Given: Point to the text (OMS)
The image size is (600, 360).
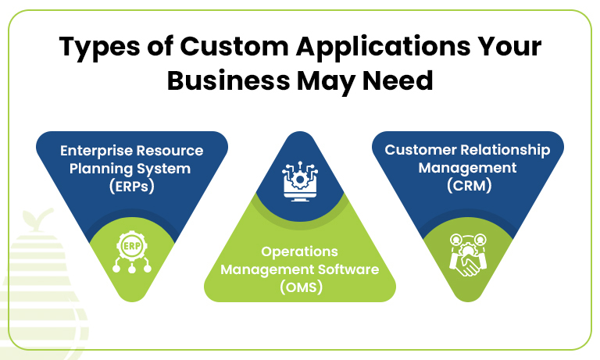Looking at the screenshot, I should point(300,287).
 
